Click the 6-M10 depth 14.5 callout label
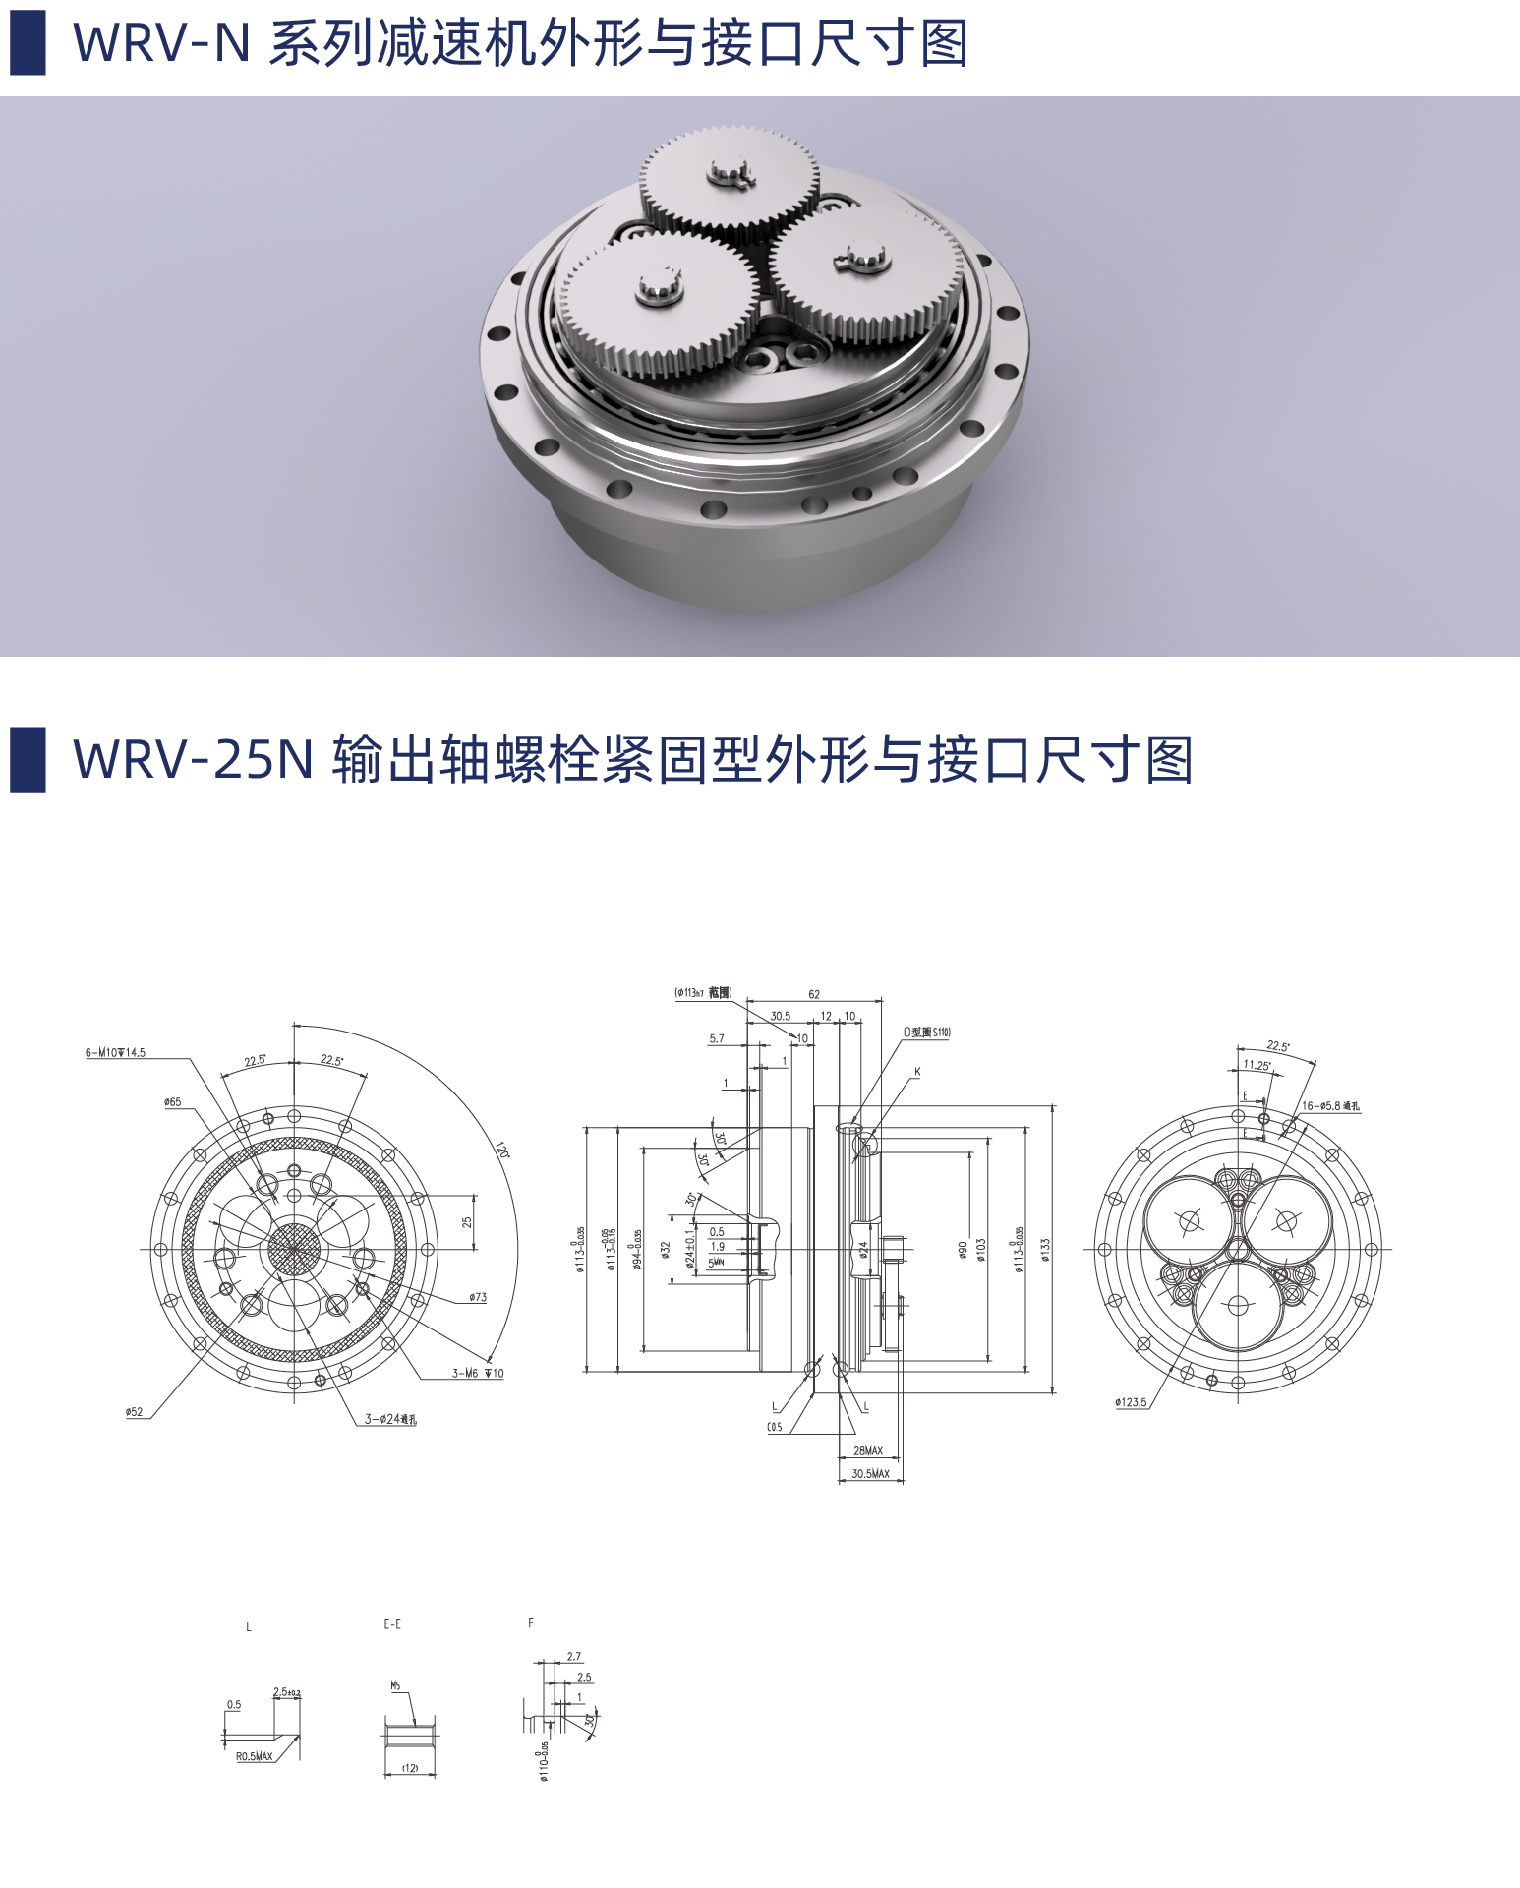coord(115,1053)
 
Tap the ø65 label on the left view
coord(173,1102)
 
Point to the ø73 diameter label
coord(478,1298)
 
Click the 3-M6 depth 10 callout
coord(478,1374)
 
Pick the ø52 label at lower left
coord(134,1412)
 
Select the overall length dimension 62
coord(814,994)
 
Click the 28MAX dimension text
coord(867,1451)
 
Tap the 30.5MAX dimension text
coord(870,1474)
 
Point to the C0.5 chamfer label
coord(775,1428)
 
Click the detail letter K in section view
coord(917,1072)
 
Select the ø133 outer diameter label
coord(1045,1250)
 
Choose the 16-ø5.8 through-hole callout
coord(1330,1106)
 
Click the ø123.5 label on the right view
coord(1131,1402)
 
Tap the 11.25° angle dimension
coord(1257,1065)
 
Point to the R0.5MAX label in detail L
coord(254,1756)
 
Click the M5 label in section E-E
coord(395,1686)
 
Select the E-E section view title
coord(392,1624)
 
